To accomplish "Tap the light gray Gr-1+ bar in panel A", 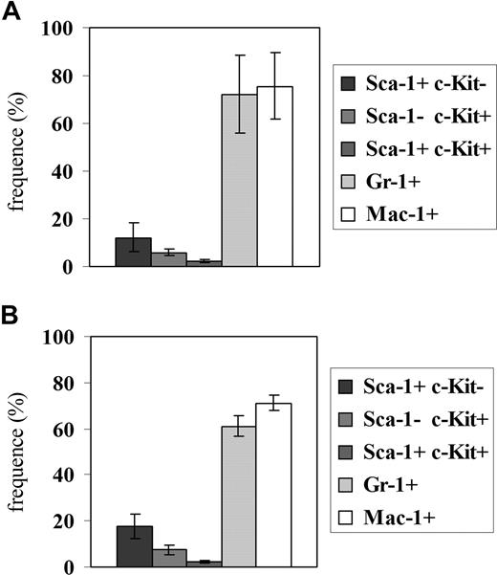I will click(x=239, y=182).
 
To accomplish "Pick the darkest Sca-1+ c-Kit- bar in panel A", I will click(x=134, y=253).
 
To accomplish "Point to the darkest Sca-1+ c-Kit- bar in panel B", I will click(x=134, y=546).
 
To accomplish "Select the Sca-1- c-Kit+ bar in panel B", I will click(x=169, y=558).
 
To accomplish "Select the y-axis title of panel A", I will click(x=16, y=148).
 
